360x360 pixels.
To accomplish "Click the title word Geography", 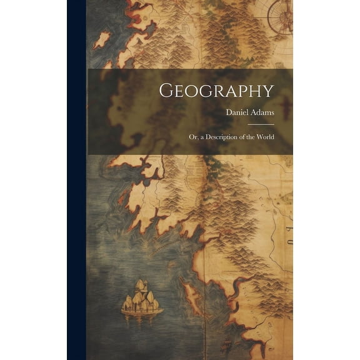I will tap(216, 91).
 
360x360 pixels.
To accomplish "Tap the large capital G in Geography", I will tap(166, 91).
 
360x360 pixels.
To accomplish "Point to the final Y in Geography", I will tap(267, 91).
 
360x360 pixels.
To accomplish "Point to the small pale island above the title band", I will tap(101, 41).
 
